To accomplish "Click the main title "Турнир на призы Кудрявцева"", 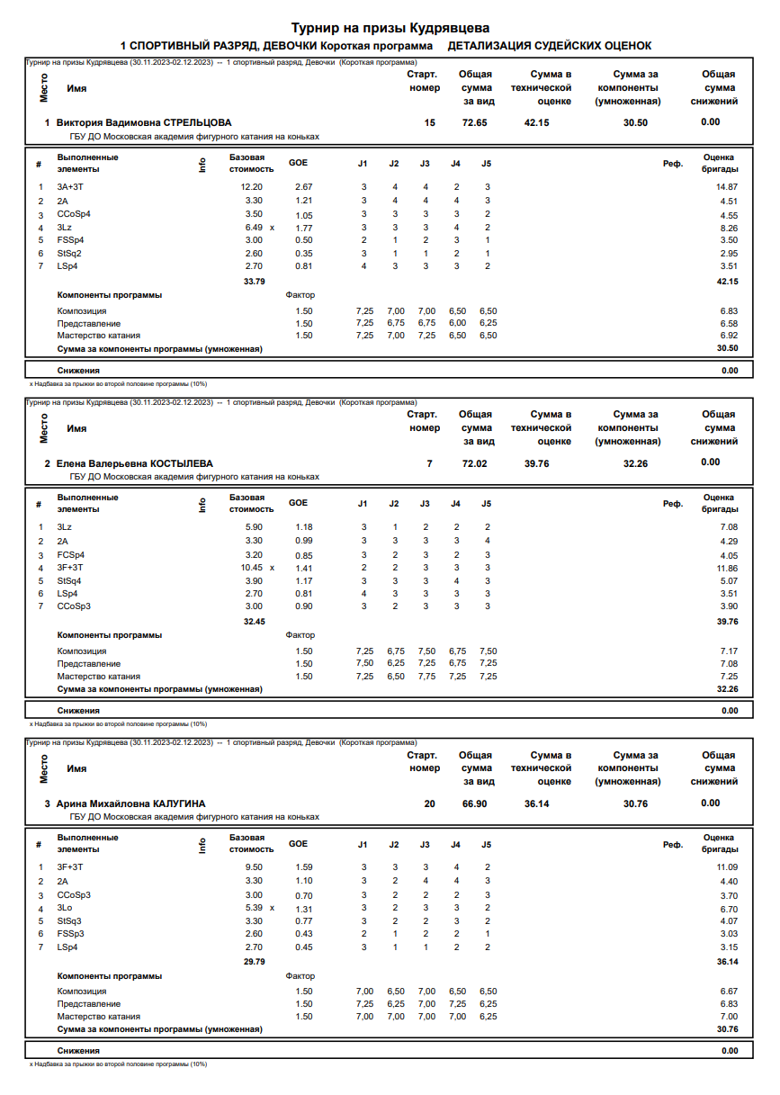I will pyautogui.click(x=390, y=29).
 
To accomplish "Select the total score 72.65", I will pyautogui.click(x=474, y=122).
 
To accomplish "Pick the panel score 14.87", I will pyautogui.click(x=726, y=186).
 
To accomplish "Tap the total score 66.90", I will pyautogui.click(x=474, y=803).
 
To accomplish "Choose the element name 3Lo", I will pyautogui.click(x=64, y=909).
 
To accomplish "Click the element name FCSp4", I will pyautogui.click(x=70, y=555).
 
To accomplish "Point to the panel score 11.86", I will pyautogui.click(x=726, y=568).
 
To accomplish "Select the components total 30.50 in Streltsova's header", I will pyautogui.click(x=635, y=122).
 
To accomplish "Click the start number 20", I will pyautogui.click(x=430, y=803).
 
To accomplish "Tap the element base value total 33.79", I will pyautogui.click(x=255, y=282).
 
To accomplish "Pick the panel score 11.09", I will pyautogui.click(x=726, y=866).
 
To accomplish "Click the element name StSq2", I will pyautogui.click(x=69, y=253).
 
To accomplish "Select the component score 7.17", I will pyautogui.click(x=729, y=651).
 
